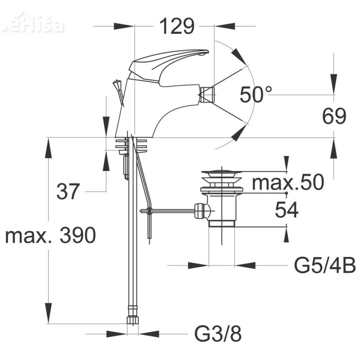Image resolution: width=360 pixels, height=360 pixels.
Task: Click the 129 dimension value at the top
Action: click(177, 27)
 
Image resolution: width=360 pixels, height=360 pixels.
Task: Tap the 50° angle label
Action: click(256, 94)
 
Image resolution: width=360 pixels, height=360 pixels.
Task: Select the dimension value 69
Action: click(334, 117)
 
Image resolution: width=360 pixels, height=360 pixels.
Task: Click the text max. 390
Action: click(50, 236)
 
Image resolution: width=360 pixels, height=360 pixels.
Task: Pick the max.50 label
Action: click(288, 183)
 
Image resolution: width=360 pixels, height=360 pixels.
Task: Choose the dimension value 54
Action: click(287, 210)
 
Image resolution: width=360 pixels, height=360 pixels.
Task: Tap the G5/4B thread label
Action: click(325, 266)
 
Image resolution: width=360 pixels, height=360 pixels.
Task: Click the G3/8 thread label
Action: click(218, 334)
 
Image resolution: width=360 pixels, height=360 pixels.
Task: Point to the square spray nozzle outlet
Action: click(207, 95)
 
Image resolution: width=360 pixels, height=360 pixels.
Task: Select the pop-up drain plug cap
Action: click(221, 172)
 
